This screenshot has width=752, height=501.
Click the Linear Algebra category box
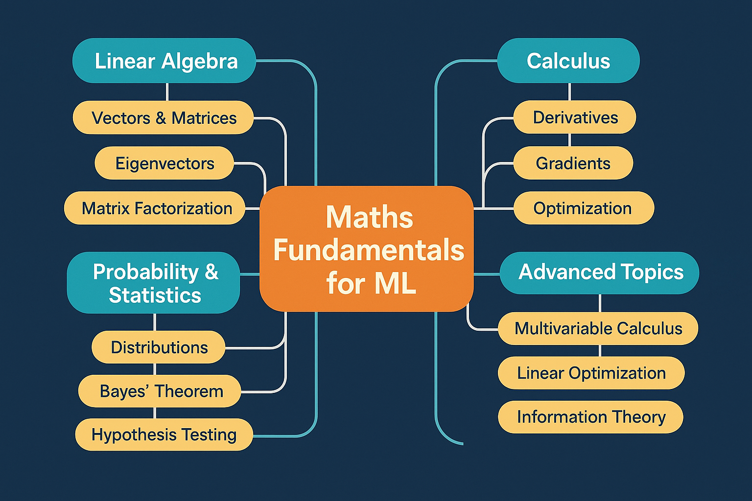click(164, 61)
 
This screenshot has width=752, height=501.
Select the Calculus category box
click(568, 61)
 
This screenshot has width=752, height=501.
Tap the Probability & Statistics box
click(154, 283)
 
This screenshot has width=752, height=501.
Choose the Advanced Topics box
click(600, 273)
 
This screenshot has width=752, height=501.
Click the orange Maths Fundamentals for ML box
click(367, 249)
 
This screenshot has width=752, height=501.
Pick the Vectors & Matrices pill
click(164, 118)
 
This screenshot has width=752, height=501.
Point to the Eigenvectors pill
click(164, 163)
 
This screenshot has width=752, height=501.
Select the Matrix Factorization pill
click(156, 208)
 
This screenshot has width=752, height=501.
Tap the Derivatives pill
click(575, 117)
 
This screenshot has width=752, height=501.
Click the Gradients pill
click(573, 163)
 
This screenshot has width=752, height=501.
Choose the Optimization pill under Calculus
click(583, 208)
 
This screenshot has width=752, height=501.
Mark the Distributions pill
click(159, 347)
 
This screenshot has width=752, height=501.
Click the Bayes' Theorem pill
click(161, 391)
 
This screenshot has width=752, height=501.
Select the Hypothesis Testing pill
click(164, 434)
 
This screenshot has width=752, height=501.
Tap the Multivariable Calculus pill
click(598, 328)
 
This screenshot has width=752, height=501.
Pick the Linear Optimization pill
click(591, 373)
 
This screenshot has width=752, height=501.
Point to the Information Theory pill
click(590, 417)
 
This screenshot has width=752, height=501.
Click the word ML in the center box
click(395, 283)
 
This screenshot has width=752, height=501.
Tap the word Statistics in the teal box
click(155, 296)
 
